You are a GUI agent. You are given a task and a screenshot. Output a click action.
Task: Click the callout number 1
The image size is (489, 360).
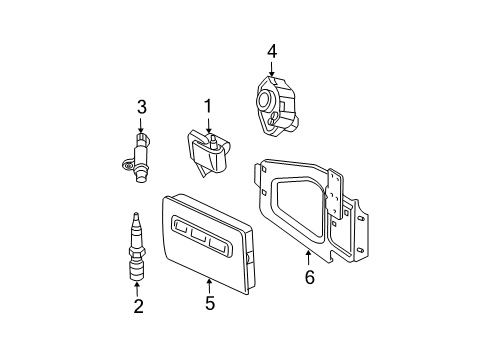click(x=208, y=106)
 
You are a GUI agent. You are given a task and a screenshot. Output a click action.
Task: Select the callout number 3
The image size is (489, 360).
click(x=142, y=106)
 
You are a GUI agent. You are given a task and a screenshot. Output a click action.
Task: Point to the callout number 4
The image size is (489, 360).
click(x=272, y=50)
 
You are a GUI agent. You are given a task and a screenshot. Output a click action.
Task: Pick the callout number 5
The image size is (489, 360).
click(x=210, y=303)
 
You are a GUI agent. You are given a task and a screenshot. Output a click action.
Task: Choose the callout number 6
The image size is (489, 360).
click(x=309, y=277)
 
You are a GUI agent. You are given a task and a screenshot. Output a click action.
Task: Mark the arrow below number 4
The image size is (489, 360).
click(x=272, y=67)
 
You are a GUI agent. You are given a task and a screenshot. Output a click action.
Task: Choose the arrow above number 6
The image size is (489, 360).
click(x=309, y=258)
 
